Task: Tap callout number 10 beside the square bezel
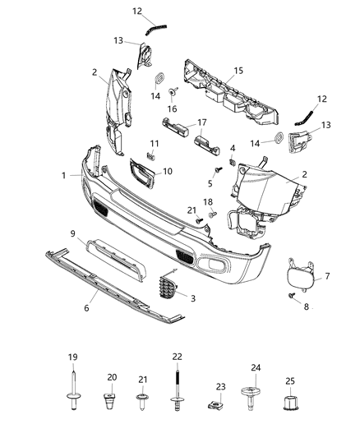[168, 171]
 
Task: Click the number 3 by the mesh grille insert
[193, 297]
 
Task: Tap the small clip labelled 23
[219, 403]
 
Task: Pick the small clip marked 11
[150, 155]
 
